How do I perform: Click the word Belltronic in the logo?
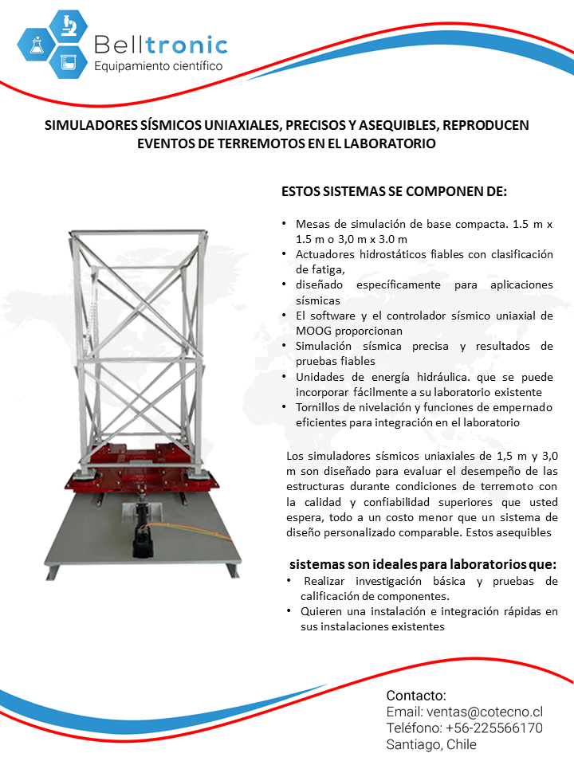pyautogui.click(x=160, y=45)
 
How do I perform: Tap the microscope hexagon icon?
pyautogui.click(x=68, y=25)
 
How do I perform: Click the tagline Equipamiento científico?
pyautogui.click(x=159, y=66)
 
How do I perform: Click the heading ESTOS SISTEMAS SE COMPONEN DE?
pyautogui.click(x=394, y=193)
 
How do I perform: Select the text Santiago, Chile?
pyautogui.click(x=431, y=745)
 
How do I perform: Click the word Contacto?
pyautogui.click(x=416, y=695)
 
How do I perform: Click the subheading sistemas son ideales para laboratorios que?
pyautogui.click(x=423, y=564)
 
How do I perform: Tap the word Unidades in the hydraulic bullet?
pyautogui.click(x=320, y=377)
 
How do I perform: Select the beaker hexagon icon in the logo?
pyautogui.click(x=68, y=61)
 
